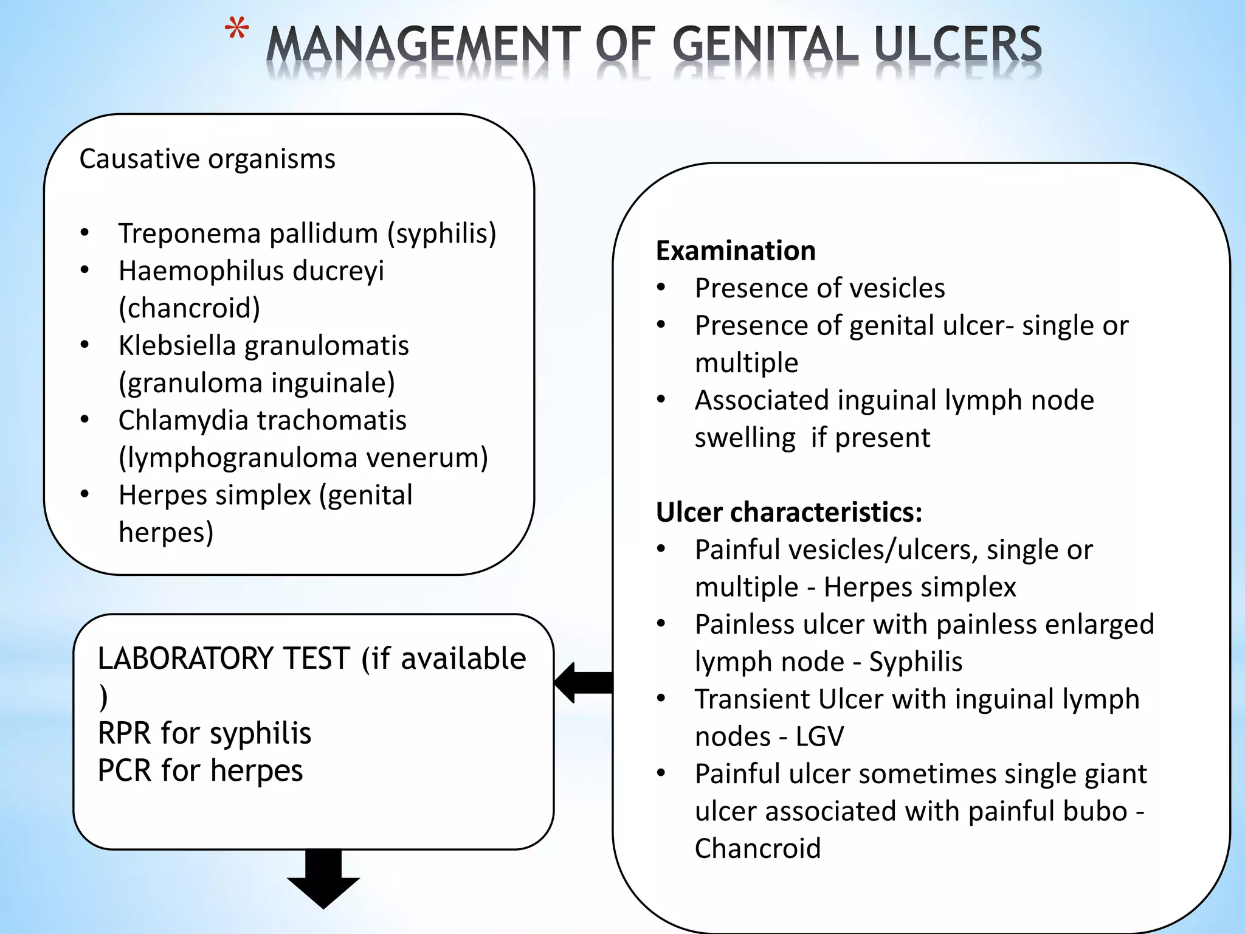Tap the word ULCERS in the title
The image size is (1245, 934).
(x=959, y=46)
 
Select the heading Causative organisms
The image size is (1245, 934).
(x=207, y=159)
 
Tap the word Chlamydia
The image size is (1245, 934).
(x=182, y=420)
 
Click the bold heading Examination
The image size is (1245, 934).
(x=736, y=251)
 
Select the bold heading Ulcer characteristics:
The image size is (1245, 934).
(x=789, y=512)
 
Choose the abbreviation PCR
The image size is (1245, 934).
(x=125, y=770)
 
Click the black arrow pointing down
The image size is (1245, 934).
(x=323, y=879)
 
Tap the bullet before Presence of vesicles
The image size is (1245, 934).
(x=661, y=288)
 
